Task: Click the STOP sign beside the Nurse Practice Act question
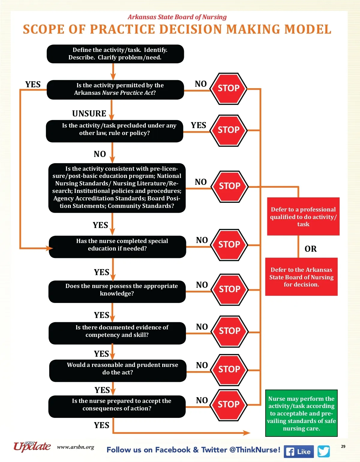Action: [x=229, y=88]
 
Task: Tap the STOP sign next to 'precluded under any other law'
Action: [x=229, y=130]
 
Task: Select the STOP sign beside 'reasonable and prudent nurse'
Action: [x=229, y=370]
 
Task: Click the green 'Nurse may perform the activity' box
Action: [x=301, y=413]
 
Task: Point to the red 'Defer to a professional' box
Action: [x=303, y=216]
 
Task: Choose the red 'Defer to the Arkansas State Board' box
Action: [x=301, y=277]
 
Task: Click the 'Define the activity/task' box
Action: [x=115, y=54]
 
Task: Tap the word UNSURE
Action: [x=89, y=113]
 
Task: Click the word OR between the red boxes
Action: [x=310, y=249]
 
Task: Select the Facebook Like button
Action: [x=298, y=451]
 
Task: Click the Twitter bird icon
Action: [x=324, y=451]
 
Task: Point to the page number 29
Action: [x=343, y=446]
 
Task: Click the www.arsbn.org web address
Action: [x=76, y=447]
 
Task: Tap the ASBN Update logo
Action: [x=32, y=446]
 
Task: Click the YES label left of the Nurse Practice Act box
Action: [x=33, y=85]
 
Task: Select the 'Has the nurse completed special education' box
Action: [x=117, y=247]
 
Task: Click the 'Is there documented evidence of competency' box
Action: [x=117, y=333]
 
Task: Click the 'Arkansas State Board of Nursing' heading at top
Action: [x=177, y=17]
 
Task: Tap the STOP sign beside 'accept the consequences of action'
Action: [x=229, y=405]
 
